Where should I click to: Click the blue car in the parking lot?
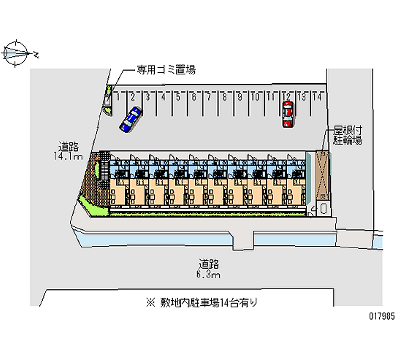[x=130, y=120]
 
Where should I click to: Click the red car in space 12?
[x=287, y=114]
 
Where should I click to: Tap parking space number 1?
[x=119, y=97]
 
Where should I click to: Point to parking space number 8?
[x=224, y=97]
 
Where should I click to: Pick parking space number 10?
[x=255, y=97]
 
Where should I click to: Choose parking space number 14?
[x=317, y=97]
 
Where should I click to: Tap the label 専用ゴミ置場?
[x=166, y=70]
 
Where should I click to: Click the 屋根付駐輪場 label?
[x=346, y=136]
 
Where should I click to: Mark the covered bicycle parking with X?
[x=322, y=174]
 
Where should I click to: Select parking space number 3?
[x=148, y=97]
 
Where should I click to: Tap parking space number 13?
[x=302, y=97]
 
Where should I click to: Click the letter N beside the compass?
[x=36, y=53]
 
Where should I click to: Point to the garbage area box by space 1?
[x=107, y=100]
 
